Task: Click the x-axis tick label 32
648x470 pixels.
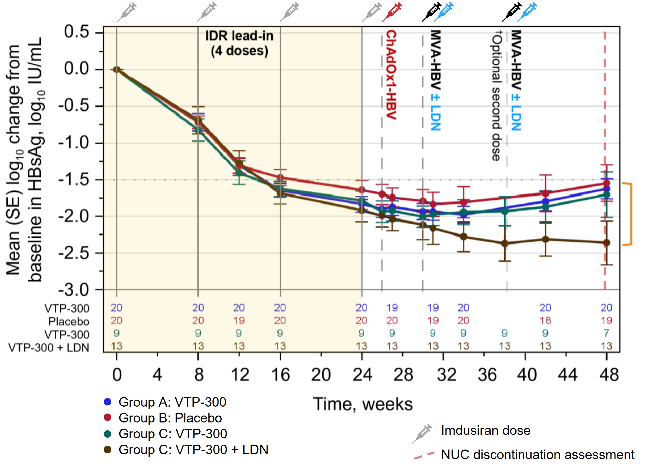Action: (446, 375)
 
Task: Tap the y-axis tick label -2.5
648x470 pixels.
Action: (74, 253)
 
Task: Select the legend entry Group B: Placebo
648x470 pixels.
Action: (170, 418)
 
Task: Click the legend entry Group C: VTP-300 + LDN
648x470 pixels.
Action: (193, 450)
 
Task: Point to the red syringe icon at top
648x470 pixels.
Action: (392, 12)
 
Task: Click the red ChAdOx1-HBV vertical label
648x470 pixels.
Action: (391, 75)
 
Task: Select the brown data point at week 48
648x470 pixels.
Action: (606, 243)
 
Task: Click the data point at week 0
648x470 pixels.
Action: (116, 69)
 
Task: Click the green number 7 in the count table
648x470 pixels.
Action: (606, 333)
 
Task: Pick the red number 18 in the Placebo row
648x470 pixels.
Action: (545, 320)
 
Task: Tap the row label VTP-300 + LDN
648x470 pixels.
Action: (49, 348)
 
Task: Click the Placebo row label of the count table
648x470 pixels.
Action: (69, 321)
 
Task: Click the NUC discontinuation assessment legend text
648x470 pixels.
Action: (538, 455)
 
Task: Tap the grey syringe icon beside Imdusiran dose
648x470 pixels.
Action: (422, 433)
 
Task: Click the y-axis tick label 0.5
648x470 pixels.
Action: (76, 32)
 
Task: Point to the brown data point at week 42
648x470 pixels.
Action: (545, 239)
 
